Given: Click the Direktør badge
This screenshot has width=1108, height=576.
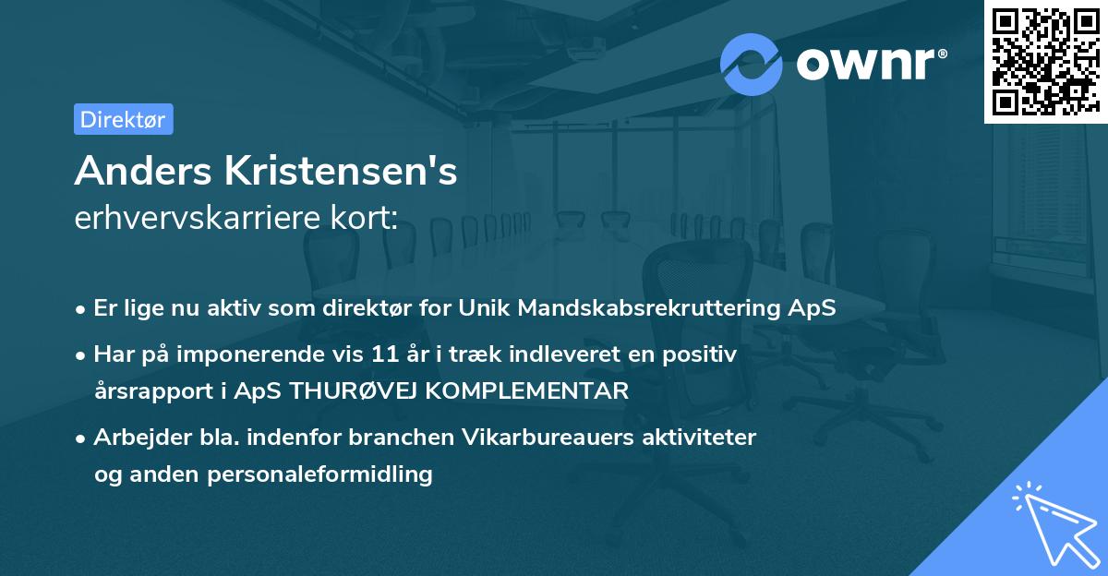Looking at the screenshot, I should tap(123, 119).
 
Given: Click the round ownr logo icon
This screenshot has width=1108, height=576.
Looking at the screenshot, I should tap(751, 64).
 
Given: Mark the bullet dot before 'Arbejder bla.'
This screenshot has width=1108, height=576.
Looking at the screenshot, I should tap(81, 438).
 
